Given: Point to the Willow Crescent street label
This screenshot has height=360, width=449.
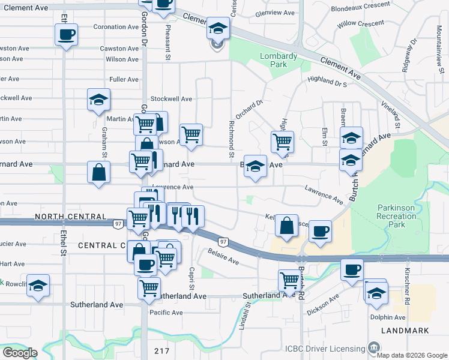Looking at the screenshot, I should pyautogui.click(x=360, y=23).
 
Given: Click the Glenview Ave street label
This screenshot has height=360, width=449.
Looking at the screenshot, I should pyautogui.click(x=275, y=13).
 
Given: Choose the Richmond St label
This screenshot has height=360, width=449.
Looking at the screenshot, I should pyautogui.click(x=231, y=139).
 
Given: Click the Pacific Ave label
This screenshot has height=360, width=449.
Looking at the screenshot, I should pyautogui.click(x=166, y=313).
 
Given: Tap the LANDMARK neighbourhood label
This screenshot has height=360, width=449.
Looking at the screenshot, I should pyautogui.click(x=408, y=331).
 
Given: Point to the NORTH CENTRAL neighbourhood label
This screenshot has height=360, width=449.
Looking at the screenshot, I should pyautogui.click(x=71, y=216).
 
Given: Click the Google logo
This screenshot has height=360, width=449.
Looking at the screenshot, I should pyautogui.click(x=20, y=353).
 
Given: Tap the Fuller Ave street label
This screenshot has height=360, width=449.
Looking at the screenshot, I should pyautogui.click(x=124, y=79).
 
